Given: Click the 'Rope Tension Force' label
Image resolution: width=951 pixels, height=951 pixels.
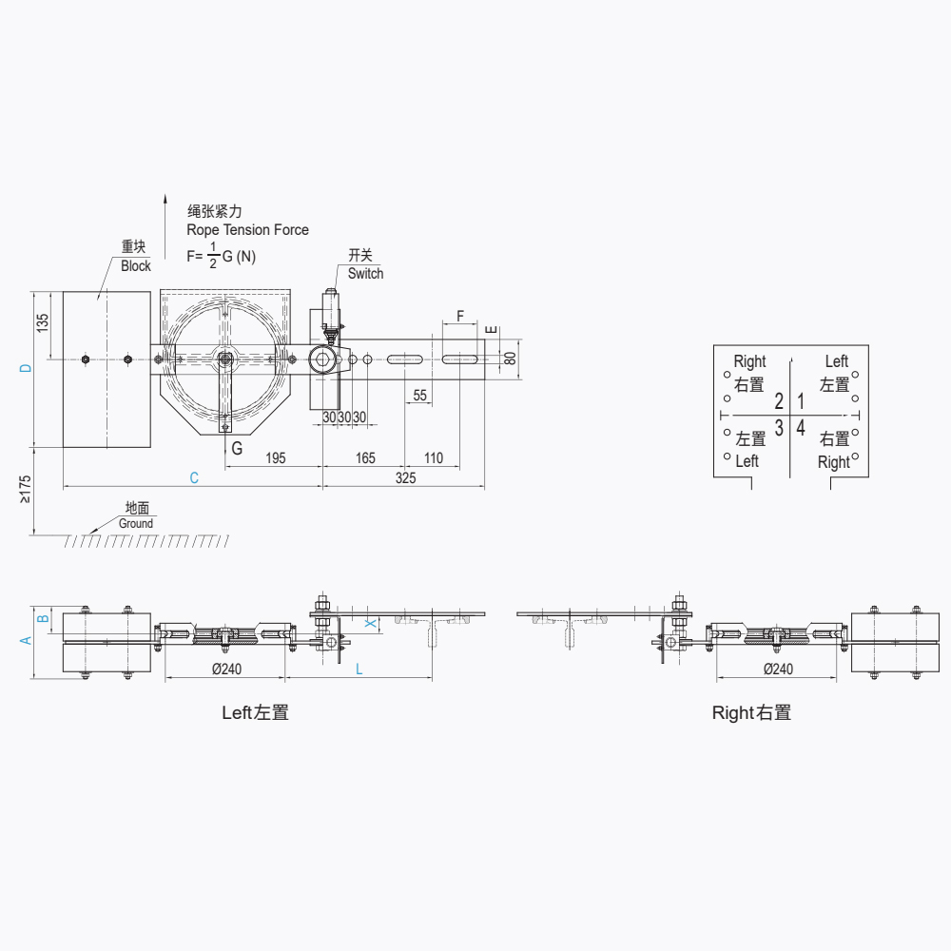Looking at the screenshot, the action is (x=247, y=230).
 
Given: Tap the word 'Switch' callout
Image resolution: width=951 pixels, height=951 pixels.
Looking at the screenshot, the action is (x=365, y=274).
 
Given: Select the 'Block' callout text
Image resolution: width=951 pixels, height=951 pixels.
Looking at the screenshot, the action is (x=136, y=266).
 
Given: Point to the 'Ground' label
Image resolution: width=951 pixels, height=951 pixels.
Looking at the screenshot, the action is (x=136, y=523).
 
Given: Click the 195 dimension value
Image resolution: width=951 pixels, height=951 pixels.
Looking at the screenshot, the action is (x=276, y=458).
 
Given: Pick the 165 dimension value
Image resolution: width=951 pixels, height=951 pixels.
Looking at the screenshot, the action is (x=365, y=458).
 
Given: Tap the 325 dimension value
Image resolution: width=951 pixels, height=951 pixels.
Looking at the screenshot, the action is (x=406, y=478).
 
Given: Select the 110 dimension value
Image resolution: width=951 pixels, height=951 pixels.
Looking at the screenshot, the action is (x=433, y=458).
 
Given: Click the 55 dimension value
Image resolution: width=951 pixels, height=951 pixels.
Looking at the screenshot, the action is (x=419, y=396).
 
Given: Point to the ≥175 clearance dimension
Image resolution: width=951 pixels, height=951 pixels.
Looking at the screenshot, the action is (x=25, y=490).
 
